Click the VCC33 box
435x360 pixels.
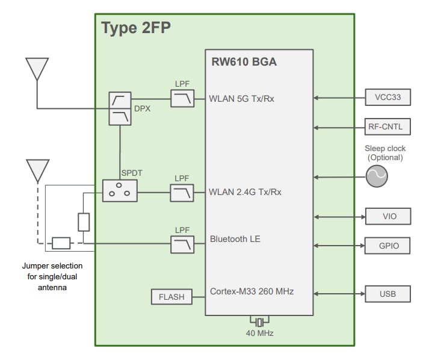pos(388,97)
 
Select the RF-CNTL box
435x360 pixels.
pos(388,127)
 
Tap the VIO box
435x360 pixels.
pos(388,216)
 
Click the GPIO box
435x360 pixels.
pos(388,246)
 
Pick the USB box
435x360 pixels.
pos(388,294)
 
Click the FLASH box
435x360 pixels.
pos(171,297)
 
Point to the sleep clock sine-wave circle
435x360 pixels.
pos(377,176)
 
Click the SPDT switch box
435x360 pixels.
pos(120,191)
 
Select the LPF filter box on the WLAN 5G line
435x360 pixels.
pos(182,99)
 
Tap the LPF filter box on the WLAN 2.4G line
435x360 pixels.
pos(182,193)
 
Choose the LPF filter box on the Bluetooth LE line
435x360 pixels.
pos(182,244)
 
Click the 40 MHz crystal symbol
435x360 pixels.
pos(259,320)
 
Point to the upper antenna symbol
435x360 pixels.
pos(37,68)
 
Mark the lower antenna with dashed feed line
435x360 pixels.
pos(37,170)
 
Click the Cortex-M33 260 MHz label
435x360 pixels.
pos(251,291)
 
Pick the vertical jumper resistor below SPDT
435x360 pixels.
pos(84,222)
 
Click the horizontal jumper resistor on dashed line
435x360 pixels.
pos(61,243)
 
